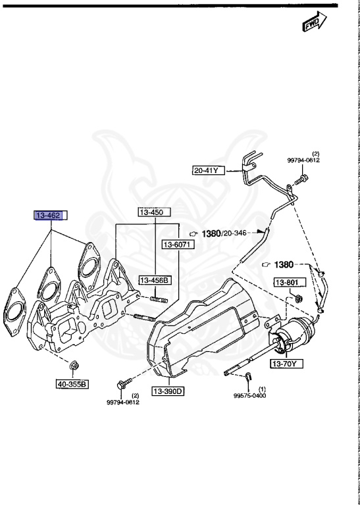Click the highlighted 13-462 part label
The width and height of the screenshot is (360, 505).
coord(51,216)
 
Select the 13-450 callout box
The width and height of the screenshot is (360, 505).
coord(155,212)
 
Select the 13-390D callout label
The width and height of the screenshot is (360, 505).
coord(168,391)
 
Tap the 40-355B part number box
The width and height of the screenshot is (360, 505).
coord(72,384)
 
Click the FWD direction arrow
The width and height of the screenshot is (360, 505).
coord(314,22)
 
